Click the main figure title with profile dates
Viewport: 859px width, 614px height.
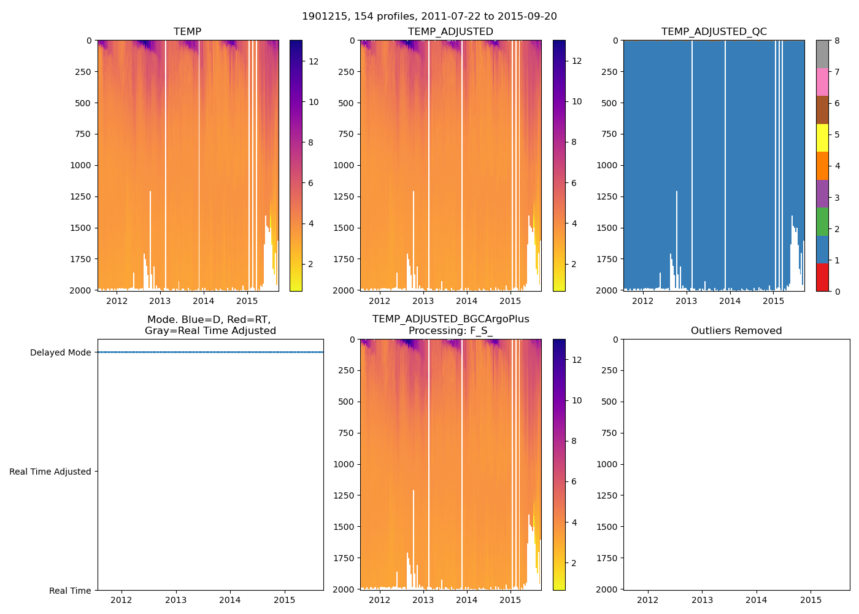[429, 17]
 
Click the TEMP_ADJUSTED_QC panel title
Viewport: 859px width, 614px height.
[714, 31]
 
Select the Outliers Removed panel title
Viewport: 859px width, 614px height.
[736, 330]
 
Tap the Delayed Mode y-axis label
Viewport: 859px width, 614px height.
[60, 352]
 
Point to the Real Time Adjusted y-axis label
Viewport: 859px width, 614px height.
[50, 472]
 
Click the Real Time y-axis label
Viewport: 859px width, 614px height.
[70, 591]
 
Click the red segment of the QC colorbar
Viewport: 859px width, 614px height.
[822, 277]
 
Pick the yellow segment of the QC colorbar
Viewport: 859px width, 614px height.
[822, 138]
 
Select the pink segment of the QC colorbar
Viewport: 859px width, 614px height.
[822, 82]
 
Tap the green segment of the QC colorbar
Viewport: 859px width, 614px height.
[822, 221]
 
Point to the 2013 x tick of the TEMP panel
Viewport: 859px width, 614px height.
[160, 301]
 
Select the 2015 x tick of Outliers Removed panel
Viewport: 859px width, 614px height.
[811, 600]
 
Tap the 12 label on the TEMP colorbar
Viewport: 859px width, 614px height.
[314, 61]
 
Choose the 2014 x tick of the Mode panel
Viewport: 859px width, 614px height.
[230, 600]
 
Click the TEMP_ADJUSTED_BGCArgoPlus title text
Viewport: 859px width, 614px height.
[450, 319]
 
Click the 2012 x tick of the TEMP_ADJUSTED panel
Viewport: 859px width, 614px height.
[379, 301]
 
